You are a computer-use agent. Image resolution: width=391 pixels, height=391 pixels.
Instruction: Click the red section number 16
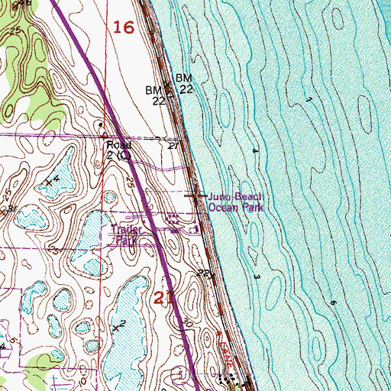(123, 28)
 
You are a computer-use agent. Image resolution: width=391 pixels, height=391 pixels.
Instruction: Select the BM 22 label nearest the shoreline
(184, 84)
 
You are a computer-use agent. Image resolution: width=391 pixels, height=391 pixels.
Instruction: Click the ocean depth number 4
(254, 151)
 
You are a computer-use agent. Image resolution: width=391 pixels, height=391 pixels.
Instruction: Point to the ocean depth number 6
(334, 303)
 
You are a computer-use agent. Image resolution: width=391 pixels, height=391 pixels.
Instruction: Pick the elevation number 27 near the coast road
(174, 144)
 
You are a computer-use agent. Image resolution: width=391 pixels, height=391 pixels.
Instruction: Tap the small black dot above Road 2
(99, 127)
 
